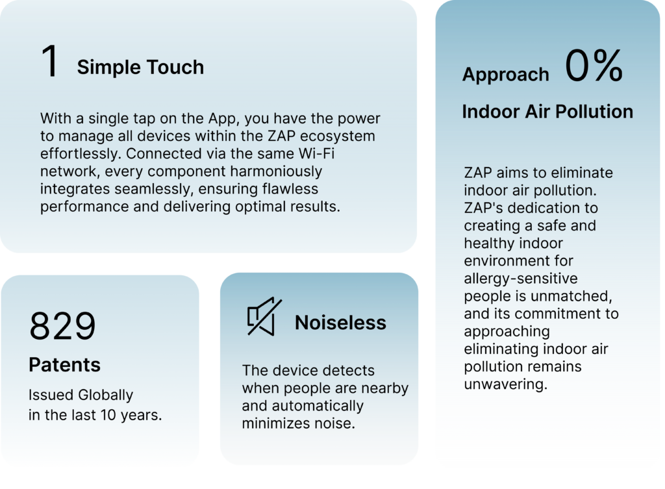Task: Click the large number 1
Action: click(x=49, y=61)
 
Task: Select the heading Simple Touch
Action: click(x=140, y=67)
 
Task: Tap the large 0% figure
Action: click(x=594, y=66)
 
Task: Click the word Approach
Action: click(x=505, y=74)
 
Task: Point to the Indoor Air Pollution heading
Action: click(x=547, y=112)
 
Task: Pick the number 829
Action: click(x=62, y=326)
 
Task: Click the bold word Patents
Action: click(x=64, y=365)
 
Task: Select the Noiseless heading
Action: click(x=340, y=323)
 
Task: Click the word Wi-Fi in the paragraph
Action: click(x=316, y=153)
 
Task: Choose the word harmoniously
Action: click(x=276, y=171)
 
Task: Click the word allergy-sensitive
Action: click(x=521, y=279)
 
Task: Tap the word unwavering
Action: click(x=505, y=384)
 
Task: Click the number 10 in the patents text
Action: click(x=108, y=415)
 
